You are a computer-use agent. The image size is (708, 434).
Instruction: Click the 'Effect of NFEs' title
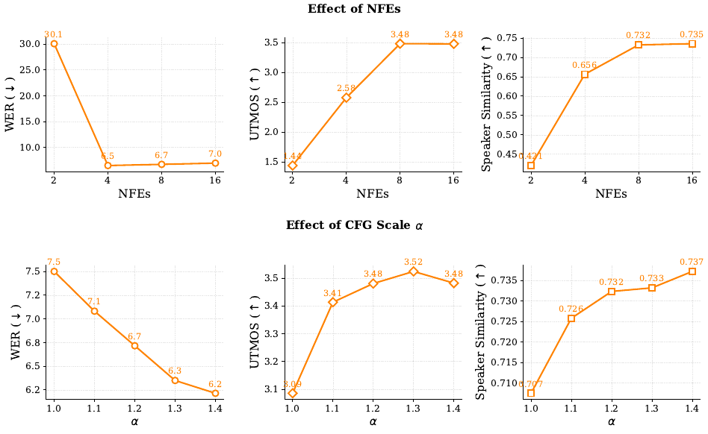point(354,10)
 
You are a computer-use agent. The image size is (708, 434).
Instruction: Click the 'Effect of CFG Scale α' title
point(354,224)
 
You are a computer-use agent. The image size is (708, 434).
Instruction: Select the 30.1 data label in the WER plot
point(53,34)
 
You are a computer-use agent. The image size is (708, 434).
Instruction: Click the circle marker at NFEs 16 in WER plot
point(215,163)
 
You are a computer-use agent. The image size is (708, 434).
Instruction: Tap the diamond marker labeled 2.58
point(347,98)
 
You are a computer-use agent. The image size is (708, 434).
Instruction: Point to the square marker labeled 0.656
point(585,75)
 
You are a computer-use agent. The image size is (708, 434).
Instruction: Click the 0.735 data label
point(692,34)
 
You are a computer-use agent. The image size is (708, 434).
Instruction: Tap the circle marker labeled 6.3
point(175,380)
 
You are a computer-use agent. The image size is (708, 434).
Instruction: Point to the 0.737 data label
point(692,262)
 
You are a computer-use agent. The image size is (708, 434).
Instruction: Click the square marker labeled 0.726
point(571,318)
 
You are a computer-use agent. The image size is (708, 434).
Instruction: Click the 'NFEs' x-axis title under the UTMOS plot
point(372,194)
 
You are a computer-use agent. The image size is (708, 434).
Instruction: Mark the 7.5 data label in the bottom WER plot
point(54,262)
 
